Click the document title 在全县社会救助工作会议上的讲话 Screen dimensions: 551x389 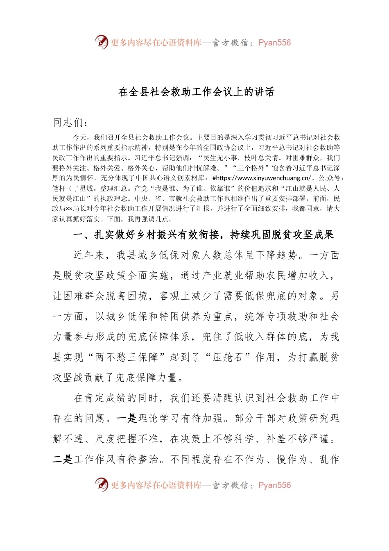point(196,92)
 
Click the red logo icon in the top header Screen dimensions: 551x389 point(101,42)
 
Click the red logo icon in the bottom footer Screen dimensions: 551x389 point(101,485)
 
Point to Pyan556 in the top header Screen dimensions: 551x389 point(274,43)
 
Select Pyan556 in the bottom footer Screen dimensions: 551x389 point(274,485)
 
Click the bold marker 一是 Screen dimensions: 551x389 point(127,418)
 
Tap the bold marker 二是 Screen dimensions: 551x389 point(63,459)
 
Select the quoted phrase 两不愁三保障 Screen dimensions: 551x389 point(127,357)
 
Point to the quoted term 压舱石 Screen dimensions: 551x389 point(234,357)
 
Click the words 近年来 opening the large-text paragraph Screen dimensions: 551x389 point(89,255)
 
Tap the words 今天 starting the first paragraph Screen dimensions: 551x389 point(80,138)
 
